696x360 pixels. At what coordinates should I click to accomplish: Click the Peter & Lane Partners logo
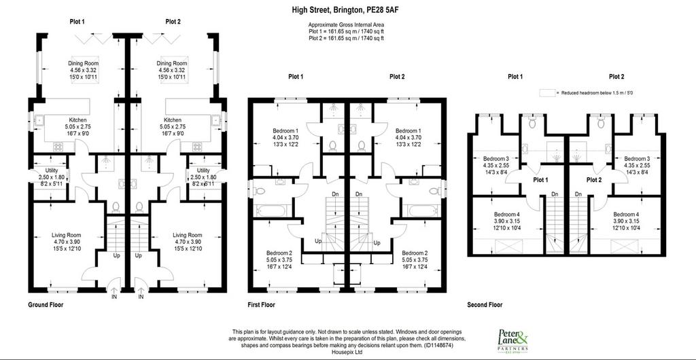[512, 340]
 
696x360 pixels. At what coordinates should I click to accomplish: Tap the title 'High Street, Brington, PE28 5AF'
[342, 10]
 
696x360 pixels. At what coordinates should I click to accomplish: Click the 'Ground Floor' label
[46, 304]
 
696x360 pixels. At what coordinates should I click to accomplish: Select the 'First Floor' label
[261, 304]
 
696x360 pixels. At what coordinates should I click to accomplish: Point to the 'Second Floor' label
[485, 304]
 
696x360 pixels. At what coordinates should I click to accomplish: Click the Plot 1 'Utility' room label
[52, 170]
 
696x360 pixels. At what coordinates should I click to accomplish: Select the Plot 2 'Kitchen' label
[173, 120]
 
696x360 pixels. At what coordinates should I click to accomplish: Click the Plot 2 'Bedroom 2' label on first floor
[408, 253]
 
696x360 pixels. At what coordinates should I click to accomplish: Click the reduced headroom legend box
[548, 93]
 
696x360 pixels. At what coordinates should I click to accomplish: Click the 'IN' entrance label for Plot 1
[114, 297]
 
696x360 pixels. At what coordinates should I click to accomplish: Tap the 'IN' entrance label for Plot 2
[141, 297]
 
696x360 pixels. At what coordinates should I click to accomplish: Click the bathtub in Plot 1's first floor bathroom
[273, 210]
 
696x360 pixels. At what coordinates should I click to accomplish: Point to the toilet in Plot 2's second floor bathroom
[601, 123]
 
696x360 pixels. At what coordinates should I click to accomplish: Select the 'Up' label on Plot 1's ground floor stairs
[116, 256]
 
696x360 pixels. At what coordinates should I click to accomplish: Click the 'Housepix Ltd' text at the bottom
[347, 353]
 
